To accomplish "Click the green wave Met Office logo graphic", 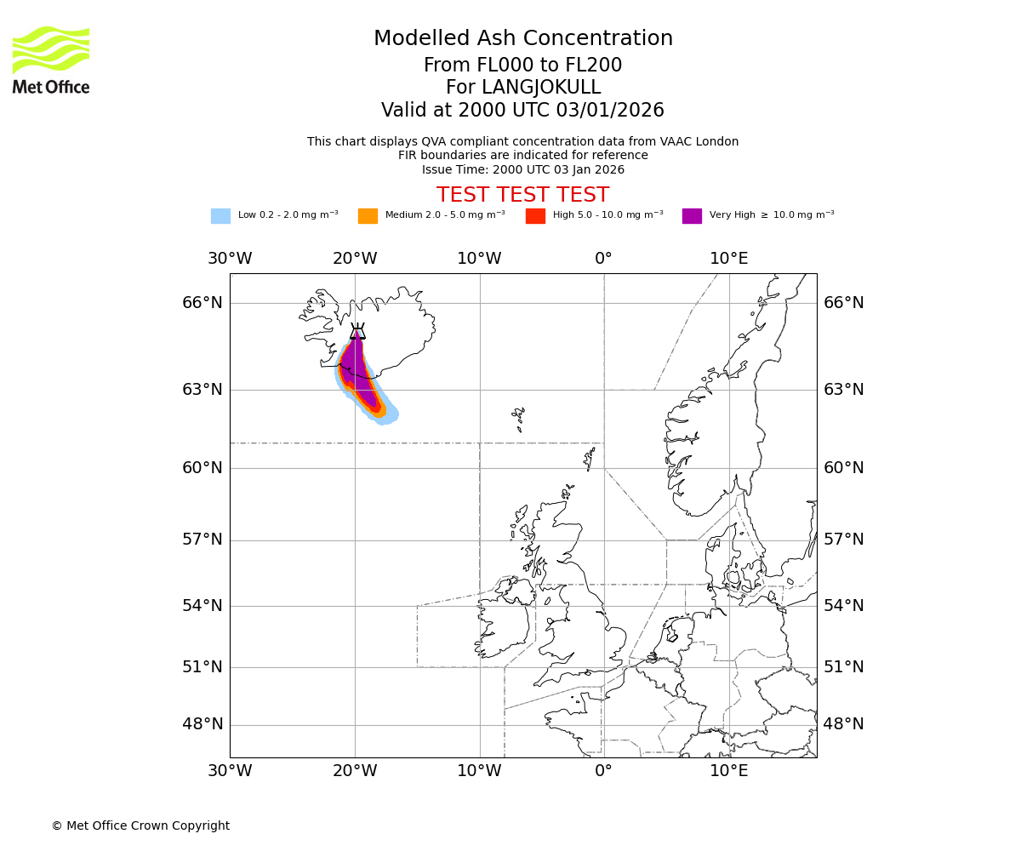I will pos(51,49).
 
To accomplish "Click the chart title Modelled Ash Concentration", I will pos(522,39).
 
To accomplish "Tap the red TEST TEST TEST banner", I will pos(522,195).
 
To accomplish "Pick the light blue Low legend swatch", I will pos(220,216).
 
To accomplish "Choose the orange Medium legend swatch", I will pos(368,216).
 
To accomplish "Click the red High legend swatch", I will pos(535,216).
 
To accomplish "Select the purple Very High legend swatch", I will pos(692,216).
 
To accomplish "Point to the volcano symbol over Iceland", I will pos(357,331).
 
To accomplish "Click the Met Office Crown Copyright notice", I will pos(140,825).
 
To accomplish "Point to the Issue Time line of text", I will pos(522,169).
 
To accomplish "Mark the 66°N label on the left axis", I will pos(202,303).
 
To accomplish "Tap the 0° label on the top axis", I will pos(603,259).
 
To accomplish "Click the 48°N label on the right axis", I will pos(843,724).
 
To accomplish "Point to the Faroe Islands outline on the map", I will pos(518,417).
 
